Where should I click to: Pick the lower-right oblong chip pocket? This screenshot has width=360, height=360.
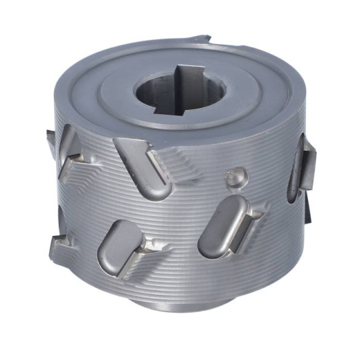(219, 224)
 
